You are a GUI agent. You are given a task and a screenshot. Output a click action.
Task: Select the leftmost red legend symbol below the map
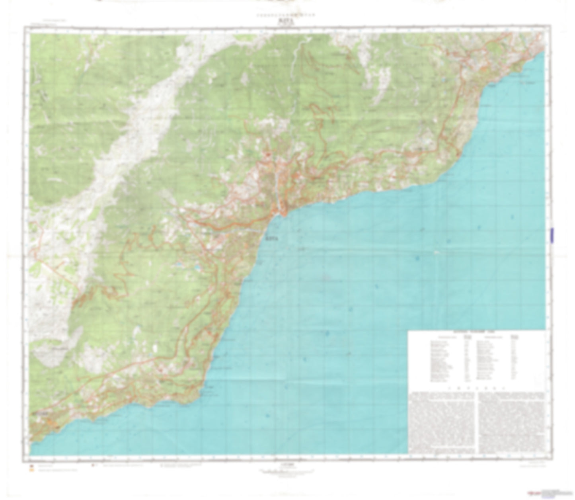pyautogui.click(x=31, y=465)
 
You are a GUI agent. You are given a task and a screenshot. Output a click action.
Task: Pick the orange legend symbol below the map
pyautogui.click(x=31, y=470)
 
